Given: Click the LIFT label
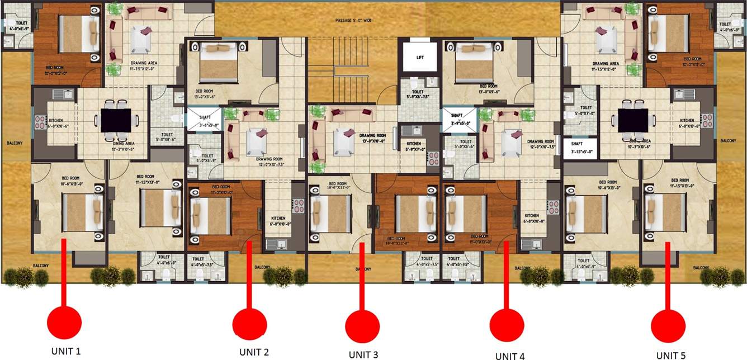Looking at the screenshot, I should pos(420,58).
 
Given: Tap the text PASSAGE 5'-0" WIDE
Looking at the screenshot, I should pos(353,21).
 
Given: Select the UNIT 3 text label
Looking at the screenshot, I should pos(363,354).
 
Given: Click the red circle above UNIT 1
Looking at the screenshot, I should pos(64,322).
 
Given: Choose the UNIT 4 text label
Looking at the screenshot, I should pos(509,356).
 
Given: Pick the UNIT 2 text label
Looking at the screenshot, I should pos(254,352).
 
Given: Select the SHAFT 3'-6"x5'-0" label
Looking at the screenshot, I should pos(202,122).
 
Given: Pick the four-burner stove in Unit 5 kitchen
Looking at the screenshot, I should pos(707,121).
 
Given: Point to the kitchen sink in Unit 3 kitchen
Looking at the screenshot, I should pos(414,131).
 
